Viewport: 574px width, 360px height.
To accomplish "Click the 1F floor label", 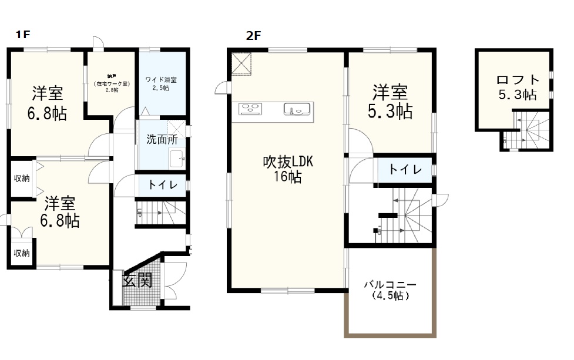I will point(22,35).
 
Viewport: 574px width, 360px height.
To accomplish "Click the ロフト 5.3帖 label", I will point(517,87).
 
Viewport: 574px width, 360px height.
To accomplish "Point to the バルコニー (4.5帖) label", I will point(390,290).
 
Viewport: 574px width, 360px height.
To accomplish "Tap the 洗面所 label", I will point(162,140).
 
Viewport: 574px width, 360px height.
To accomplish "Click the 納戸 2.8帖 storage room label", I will point(111,84).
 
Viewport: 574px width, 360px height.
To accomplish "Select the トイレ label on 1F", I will point(160,184).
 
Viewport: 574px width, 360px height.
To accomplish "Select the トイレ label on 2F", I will point(405,170).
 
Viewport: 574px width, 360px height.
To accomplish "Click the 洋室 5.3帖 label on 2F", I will point(391,101).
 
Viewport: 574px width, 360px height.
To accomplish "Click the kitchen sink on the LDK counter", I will point(297,109).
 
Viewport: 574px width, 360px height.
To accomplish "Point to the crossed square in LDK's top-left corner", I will point(241,64).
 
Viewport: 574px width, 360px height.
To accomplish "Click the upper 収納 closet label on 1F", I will point(22,178).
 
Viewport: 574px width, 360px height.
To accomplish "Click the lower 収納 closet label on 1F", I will point(22,253).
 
